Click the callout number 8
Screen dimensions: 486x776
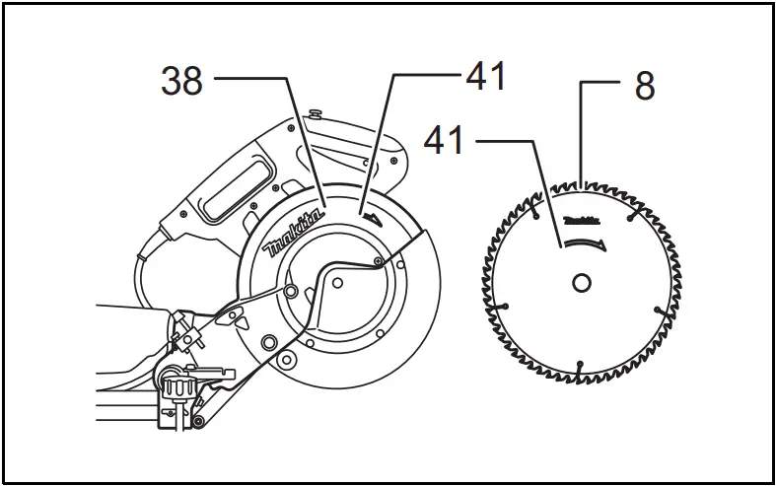pyautogui.click(x=644, y=87)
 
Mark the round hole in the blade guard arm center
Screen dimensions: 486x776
pyautogui.click(x=336, y=282)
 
